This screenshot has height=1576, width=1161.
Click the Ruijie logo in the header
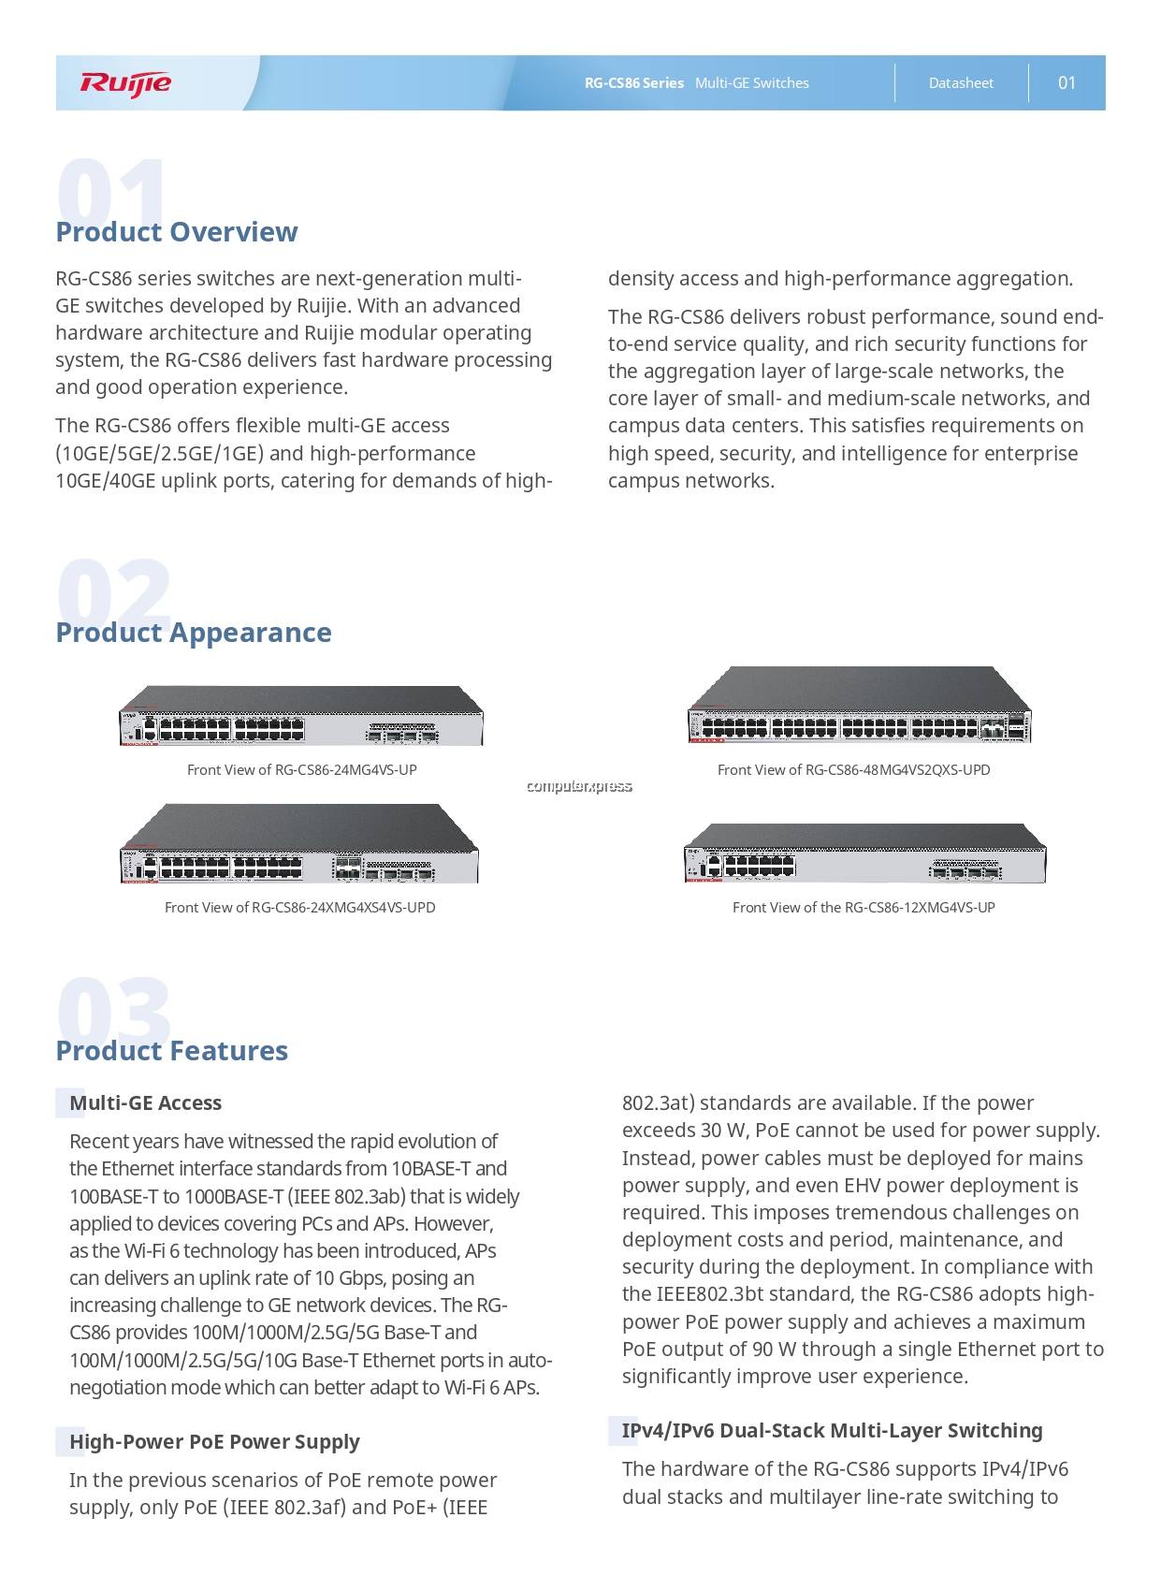pyautogui.click(x=125, y=83)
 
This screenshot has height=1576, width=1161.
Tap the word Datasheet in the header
pyautogui.click(x=961, y=83)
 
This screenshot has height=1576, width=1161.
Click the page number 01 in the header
pyautogui.click(x=1067, y=83)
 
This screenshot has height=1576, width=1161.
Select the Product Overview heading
pyautogui.click(x=177, y=232)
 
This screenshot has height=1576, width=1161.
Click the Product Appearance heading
pyautogui.click(x=194, y=633)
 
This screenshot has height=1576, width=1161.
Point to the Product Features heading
pyautogui.click(x=172, y=1051)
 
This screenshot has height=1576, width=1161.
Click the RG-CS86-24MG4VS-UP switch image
pyautogui.click(x=301, y=716)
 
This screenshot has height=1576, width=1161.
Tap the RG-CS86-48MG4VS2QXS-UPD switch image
pyautogui.click(x=859, y=707)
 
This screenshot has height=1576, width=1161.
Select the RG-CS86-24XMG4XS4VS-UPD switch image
pyautogui.click(x=299, y=843)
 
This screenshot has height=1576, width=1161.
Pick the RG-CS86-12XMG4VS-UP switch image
pyautogui.click(x=864, y=854)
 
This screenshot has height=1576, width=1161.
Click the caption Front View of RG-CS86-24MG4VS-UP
pyautogui.click(x=301, y=770)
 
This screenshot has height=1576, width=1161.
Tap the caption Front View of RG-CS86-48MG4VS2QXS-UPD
pyautogui.click(x=853, y=770)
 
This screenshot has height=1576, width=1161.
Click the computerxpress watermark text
pyautogui.click(x=579, y=787)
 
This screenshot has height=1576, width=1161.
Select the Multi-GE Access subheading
pyautogui.click(x=145, y=1103)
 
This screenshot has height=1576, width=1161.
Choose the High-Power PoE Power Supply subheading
pyautogui.click(x=214, y=1442)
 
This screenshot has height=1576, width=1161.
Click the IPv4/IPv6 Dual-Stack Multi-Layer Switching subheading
pyautogui.click(x=832, y=1431)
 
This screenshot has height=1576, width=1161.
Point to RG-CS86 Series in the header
pyautogui.click(x=634, y=83)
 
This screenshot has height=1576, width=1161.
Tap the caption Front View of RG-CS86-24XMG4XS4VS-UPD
pyautogui.click(x=299, y=908)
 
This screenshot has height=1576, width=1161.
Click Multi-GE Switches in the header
pyautogui.click(x=752, y=83)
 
